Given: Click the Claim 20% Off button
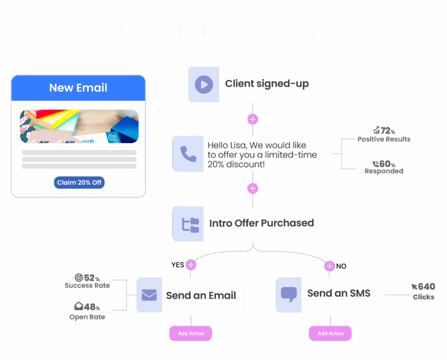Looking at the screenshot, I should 79,182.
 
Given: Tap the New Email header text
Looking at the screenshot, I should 78,88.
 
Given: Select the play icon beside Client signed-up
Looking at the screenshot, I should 204,84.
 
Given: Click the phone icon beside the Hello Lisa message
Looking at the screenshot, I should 188,154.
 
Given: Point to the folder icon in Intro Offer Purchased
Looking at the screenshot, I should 190,224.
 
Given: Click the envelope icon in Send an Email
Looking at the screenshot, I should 149,295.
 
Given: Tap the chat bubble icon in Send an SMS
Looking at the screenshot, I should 289,294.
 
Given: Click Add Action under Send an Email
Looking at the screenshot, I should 191,333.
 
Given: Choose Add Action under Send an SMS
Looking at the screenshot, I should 330,333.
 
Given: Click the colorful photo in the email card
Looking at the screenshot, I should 79,126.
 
